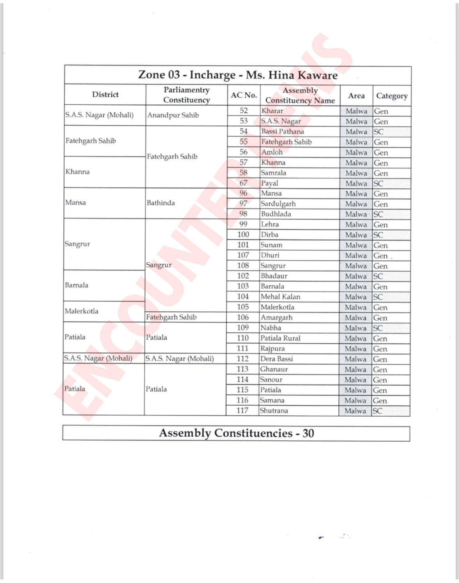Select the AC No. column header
pos(244,95)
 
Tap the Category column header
pos(392,96)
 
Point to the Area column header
pos(356,96)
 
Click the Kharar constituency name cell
pos(273,111)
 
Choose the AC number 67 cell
pos(243,183)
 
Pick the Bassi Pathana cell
pos(283,132)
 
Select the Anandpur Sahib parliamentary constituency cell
pos(173,115)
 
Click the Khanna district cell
pos(77,172)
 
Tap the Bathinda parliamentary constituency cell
pos(161,203)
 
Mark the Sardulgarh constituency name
pos(278,204)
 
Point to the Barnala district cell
pos(77,285)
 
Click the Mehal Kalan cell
pos(280,297)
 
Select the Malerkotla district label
pos(81,311)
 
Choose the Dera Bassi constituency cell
pos(276,359)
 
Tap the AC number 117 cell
pos(242,411)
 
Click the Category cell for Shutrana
pos(378,411)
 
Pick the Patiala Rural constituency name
pos(280,338)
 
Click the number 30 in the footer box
pos(308,433)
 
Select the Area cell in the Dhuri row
pos(356,256)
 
